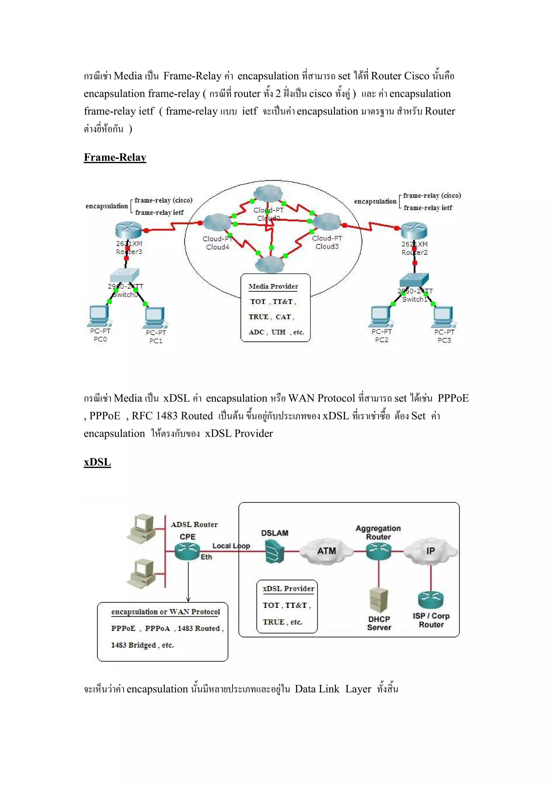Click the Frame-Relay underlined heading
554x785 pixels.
click(115, 157)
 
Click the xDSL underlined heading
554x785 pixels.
click(97, 462)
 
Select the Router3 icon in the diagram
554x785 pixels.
click(128, 230)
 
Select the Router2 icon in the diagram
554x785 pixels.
click(414, 231)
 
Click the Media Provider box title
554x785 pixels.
click(273, 286)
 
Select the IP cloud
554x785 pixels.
click(430, 551)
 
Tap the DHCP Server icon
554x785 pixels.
click(379, 600)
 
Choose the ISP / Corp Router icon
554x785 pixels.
click(430, 599)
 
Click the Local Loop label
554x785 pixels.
click(231, 546)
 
